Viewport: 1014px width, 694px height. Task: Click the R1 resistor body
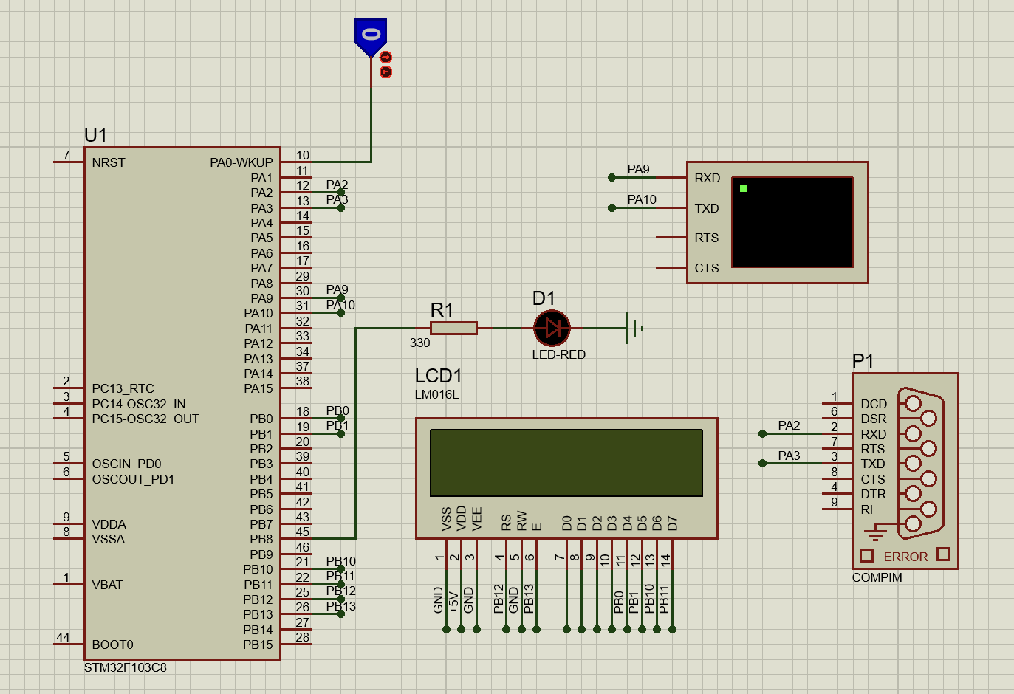pyautogui.click(x=453, y=328)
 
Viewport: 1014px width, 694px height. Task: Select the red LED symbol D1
pyautogui.click(x=552, y=328)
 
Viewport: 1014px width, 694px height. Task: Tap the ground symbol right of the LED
pyautogui.click(x=634, y=328)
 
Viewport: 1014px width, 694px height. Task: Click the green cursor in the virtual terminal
pyautogui.click(x=743, y=188)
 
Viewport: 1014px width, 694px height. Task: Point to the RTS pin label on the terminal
pyautogui.click(x=706, y=238)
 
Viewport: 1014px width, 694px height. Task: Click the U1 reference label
pyautogui.click(x=95, y=135)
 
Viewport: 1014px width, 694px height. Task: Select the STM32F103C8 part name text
pyautogui.click(x=126, y=667)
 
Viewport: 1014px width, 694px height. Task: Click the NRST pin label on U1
pyautogui.click(x=108, y=162)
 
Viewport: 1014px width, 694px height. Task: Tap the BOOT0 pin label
pyautogui.click(x=112, y=645)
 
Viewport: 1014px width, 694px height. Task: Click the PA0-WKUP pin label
pyautogui.click(x=241, y=162)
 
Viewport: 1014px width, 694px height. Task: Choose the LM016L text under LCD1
pyautogui.click(x=436, y=394)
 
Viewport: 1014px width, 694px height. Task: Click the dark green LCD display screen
pyautogui.click(x=566, y=463)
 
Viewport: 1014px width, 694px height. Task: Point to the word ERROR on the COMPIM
pyautogui.click(x=905, y=557)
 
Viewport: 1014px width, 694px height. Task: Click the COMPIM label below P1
pyautogui.click(x=877, y=578)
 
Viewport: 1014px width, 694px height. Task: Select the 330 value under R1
pyautogui.click(x=419, y=343)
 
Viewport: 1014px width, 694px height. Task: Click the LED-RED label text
pyautogui.click(x=558, y=354)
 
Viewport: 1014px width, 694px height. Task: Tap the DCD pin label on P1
pyautogui.click(x=873, y=404)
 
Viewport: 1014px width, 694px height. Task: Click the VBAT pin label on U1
pyautogui.click(x=107, y=585)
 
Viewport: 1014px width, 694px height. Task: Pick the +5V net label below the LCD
pyautogui.click(x=453, y=602)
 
